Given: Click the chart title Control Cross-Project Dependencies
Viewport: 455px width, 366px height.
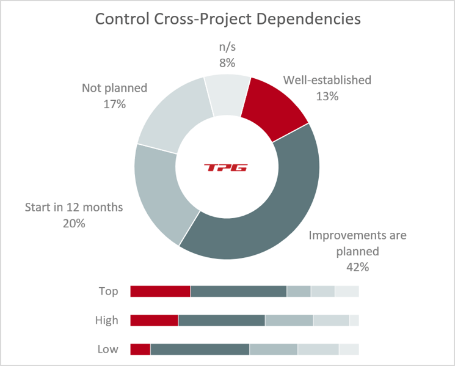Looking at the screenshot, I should point(227,19).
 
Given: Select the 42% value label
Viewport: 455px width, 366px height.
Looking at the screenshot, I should point(357,267).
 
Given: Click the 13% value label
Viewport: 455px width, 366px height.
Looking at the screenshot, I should point(327,96).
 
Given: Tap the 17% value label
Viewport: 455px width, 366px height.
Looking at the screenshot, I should point(114,104).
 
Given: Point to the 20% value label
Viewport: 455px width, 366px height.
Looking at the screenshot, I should point(73,223).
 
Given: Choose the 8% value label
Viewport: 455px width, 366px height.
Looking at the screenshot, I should point(227,62).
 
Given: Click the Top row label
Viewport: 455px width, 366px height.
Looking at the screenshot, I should point(108,291).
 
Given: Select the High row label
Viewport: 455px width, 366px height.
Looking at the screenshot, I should point(107,320).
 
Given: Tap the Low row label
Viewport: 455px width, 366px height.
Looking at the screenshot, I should point(107,350).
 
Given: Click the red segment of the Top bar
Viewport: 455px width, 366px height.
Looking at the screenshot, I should point(160,291).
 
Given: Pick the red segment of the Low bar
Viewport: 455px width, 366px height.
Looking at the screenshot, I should point(140,350).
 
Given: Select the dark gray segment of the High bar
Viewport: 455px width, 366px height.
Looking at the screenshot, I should point(221,320).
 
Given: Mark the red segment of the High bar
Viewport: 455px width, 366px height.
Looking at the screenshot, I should point(154,320).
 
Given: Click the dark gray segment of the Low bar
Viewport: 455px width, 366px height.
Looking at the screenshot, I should point(200,350).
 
